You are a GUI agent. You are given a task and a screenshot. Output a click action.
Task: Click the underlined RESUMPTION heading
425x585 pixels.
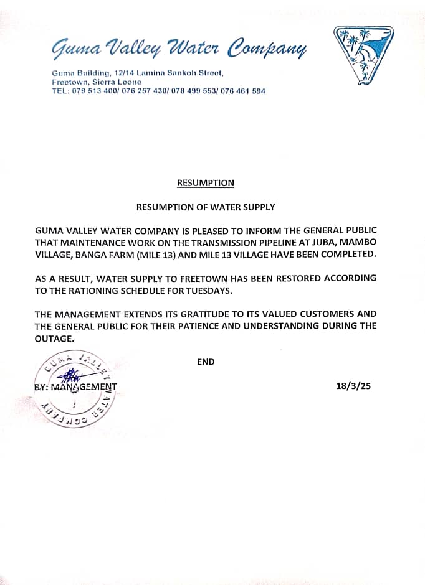(206, 183)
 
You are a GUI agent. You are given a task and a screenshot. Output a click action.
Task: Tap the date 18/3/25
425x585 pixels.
(353, 386)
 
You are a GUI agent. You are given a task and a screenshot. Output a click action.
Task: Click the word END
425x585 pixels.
(206, 362)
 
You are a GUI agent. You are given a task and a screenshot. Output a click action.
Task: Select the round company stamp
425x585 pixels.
(75, 387)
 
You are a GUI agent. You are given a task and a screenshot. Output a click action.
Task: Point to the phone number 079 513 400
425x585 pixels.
(91, 91)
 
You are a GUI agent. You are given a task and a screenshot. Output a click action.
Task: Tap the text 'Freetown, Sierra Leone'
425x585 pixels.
(97, 82)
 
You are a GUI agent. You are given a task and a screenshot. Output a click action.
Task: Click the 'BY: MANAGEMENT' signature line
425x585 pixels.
(75, 386)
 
